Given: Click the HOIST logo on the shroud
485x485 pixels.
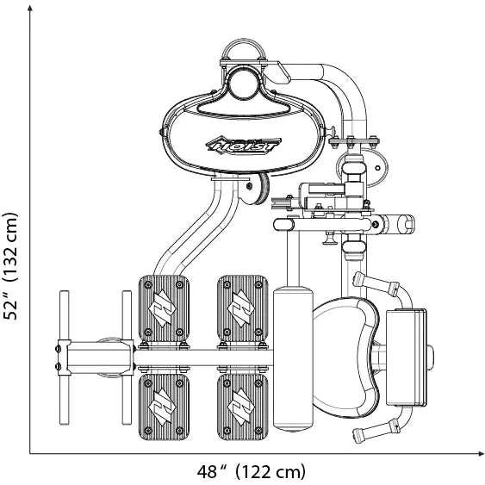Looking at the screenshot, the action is (244, 145).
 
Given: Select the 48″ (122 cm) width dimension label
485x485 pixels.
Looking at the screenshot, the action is (252, 471).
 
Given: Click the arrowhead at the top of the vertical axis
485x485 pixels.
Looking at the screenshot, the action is (30, 9).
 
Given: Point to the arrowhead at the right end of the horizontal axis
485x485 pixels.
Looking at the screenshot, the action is (480, 454).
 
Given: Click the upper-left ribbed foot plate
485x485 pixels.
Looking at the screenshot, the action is (164, 308).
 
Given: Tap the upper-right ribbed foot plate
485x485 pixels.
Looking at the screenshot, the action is (243, 308).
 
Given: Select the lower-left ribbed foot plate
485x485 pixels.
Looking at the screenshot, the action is (164, 407).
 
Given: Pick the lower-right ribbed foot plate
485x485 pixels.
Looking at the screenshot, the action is (243, 407).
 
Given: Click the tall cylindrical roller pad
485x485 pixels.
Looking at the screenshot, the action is (293, 359).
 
